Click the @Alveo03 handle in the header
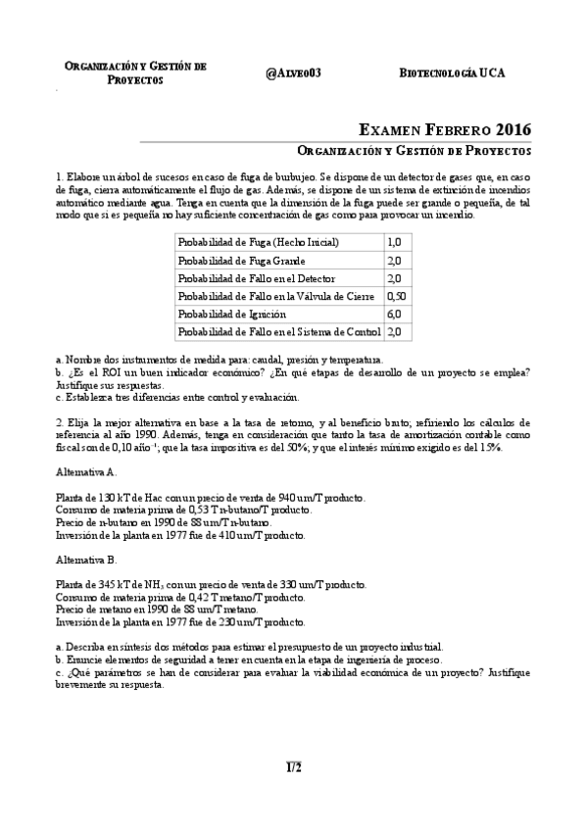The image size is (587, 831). [x=293, y=73]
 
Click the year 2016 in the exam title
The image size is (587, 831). [x=514, y=128]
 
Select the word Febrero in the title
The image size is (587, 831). [x=447, y=128]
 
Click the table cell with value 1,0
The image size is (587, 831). [x=394, y=242]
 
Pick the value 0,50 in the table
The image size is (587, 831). [x=397, y=295]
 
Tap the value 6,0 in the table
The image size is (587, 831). [x=394, y=314]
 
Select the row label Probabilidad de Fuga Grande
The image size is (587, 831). [x=241, y=261]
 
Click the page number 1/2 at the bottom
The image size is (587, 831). [x=294, y=766]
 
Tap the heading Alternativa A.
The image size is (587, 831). [x=87, y=471]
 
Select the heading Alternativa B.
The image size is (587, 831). [x=87, y=561]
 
